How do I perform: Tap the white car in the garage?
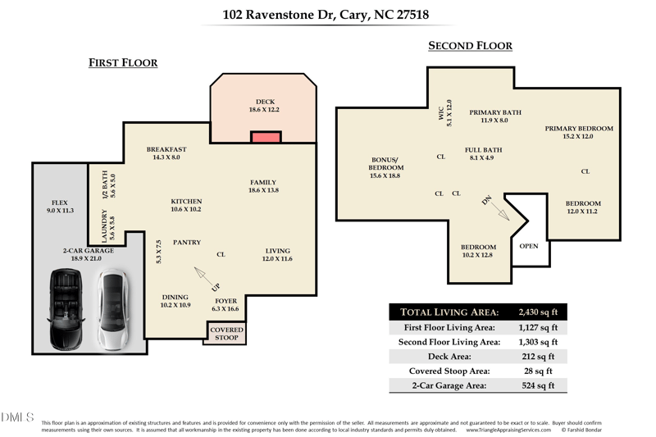[111, 309]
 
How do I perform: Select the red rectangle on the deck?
[266, 137]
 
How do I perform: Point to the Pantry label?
[187, 242]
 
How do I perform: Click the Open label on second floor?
[529, 245]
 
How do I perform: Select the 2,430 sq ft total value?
[538, 312]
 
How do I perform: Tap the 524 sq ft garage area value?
[538, 385]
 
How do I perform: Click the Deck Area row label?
[450, 357]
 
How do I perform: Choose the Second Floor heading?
[470, 47]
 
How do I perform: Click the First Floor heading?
[123, 63]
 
